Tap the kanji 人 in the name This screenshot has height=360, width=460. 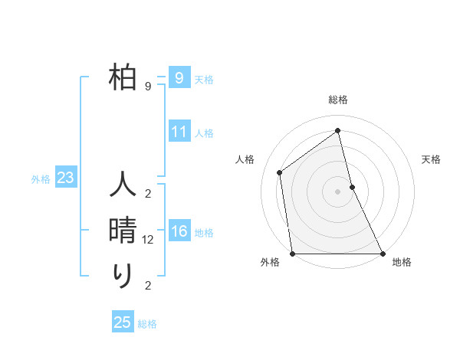click(x=123, y=186)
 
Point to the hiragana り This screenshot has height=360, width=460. click(x=123, y=274)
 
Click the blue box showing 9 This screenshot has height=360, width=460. click(x=179, y=78)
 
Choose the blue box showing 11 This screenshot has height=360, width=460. click(x=179, y=132)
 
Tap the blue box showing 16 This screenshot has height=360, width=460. click(x=179, y=231)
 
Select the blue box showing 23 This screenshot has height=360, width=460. click(x=65, y=178)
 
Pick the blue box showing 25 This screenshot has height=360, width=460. click(x=123, y=322)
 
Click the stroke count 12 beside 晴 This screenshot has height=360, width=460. click(x=149, y=240)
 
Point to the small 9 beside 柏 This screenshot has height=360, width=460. click(x=148, y=87)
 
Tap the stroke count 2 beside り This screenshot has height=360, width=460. click(x=148, y=286)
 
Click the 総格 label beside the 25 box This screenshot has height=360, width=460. click(x=147, y=324)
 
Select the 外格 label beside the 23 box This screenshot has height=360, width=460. click(x=41, y=179)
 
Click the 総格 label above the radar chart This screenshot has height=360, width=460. click(x=338, y=100)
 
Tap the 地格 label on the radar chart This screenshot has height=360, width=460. click(x=402, y=263)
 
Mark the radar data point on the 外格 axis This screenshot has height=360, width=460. click(x=293, y=254)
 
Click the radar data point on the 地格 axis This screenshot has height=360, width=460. click(x=383, y=254)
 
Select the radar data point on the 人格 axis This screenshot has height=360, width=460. click(x=280, y=172)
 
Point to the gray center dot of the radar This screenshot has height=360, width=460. click(x=338, y=191)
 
